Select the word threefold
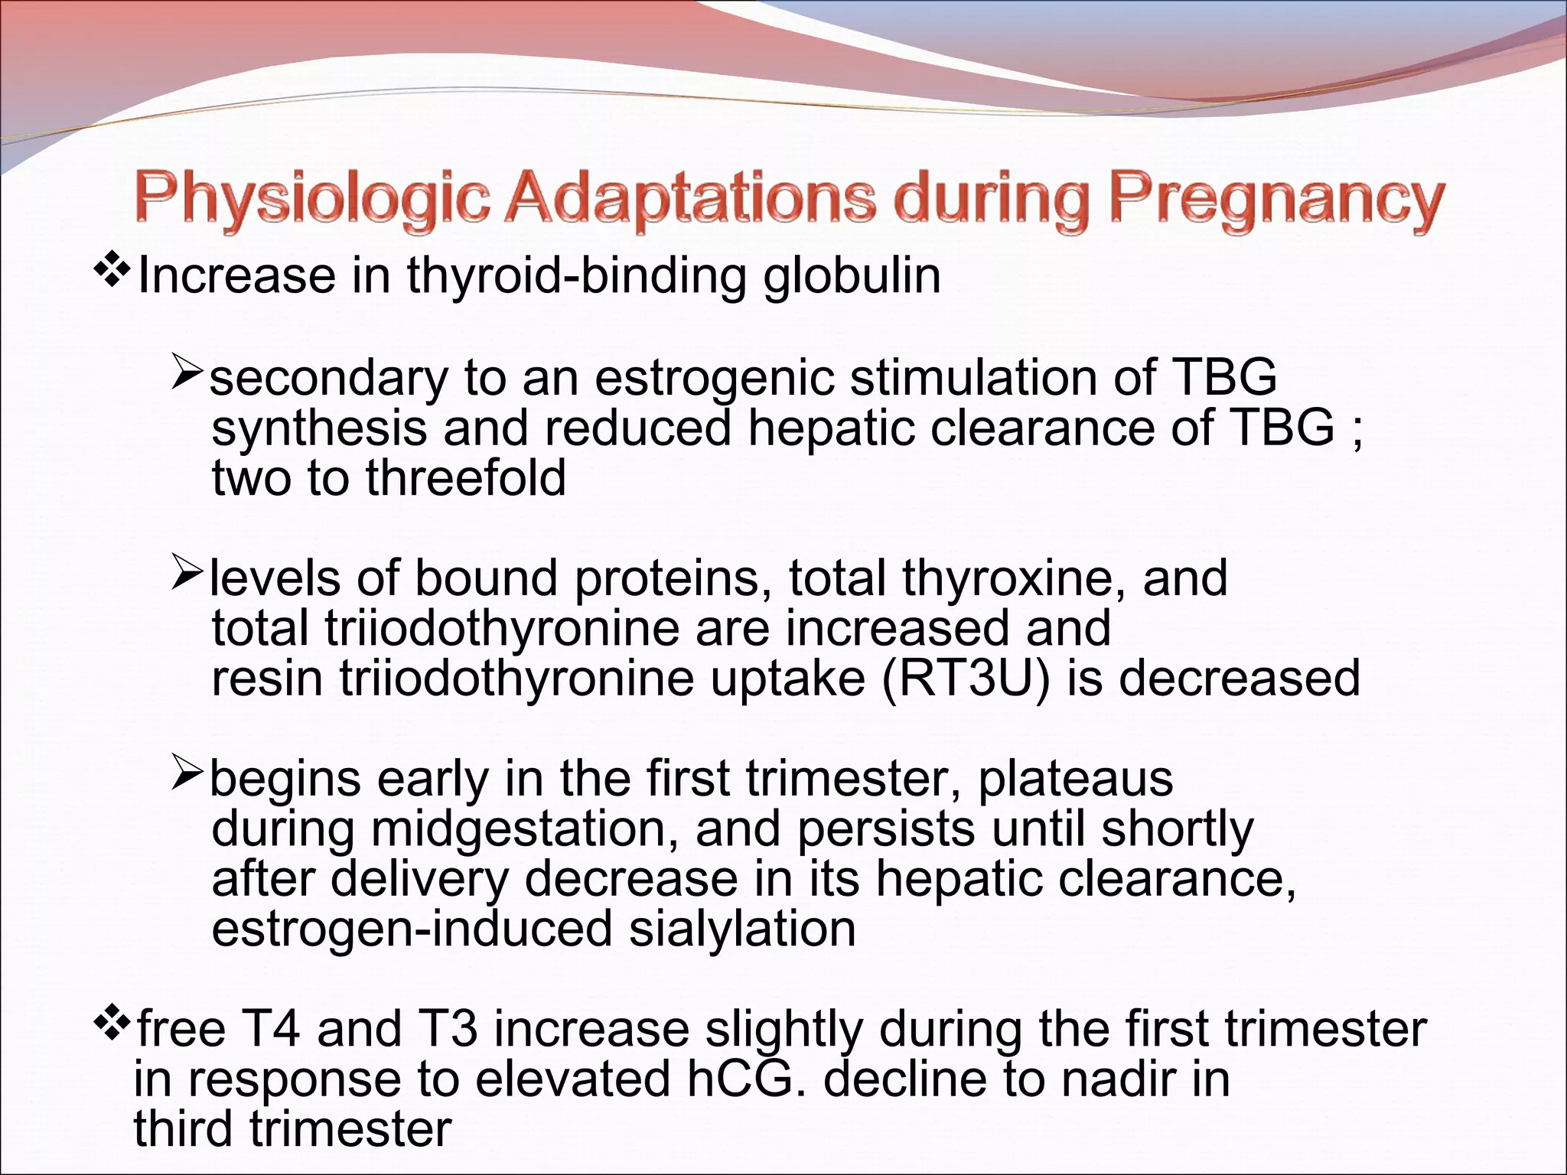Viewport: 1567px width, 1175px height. [x=465, y=478]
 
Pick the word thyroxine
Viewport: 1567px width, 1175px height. [x=1013, y=578]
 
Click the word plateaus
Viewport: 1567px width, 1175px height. [x=1075, y=780]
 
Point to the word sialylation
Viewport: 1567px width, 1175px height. [x=741, y=929]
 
